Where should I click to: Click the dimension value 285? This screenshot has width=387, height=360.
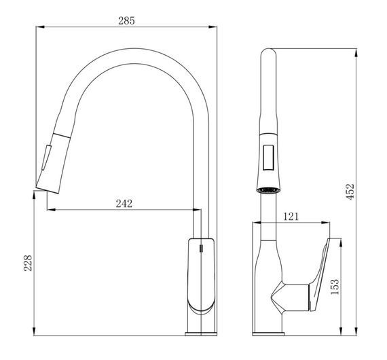(126, 21)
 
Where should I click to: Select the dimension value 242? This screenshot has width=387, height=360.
(124, 204)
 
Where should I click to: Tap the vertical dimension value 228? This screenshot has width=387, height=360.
(28, 264)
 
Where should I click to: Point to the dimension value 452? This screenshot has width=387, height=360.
(350, 192)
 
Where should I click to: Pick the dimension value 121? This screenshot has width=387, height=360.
(291, 217)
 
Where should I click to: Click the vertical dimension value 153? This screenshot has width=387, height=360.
(335, 287)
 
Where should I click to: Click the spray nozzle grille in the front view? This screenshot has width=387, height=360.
(268, 190)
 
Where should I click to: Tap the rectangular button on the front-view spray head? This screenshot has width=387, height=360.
(268, 158)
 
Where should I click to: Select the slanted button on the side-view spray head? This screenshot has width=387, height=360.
(46, 158)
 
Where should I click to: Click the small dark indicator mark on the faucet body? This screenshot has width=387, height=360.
(201, 248)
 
